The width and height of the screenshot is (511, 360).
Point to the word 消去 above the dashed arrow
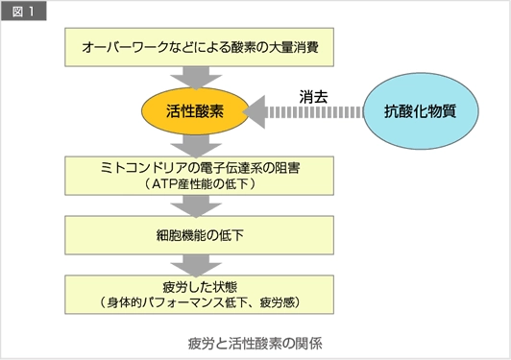[x=312, y=96]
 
